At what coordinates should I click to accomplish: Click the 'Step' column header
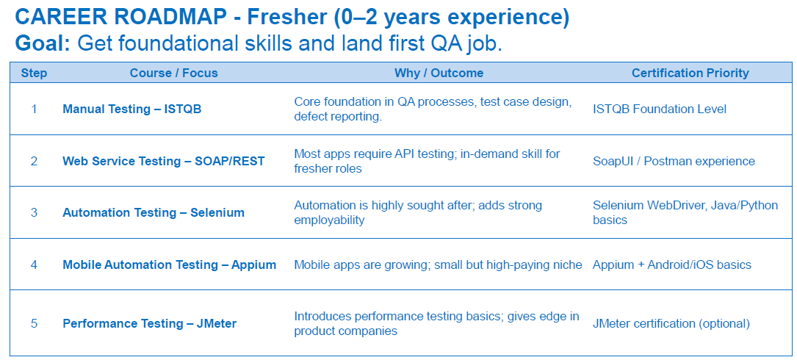tap(34, 73)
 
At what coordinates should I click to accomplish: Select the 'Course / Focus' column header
tap(174, 73)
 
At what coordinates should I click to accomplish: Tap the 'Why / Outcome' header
tap(439, 73)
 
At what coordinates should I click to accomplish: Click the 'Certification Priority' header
tap(690, 73)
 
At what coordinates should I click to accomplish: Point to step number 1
tap(34, 109)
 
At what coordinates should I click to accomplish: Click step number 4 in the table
tap(34, 265)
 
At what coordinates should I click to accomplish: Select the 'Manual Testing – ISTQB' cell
tap(132, 109)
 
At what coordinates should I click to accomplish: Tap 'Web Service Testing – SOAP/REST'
tap(164, 161)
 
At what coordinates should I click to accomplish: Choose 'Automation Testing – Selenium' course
tap(154, 213)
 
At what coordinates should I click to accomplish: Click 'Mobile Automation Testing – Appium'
tap(169, 265)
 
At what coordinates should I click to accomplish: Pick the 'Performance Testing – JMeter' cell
tap(149, 323)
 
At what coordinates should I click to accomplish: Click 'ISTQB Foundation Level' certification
tap(660, 109)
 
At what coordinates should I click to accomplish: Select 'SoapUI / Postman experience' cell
tap(674, 161)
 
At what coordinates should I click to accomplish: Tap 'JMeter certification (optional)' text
tap(671, 323)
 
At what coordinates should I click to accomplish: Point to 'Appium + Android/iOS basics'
tap(672, 265)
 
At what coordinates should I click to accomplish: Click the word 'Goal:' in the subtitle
tap(43, 43)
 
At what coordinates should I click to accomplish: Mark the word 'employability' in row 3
tap(329, 220)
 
